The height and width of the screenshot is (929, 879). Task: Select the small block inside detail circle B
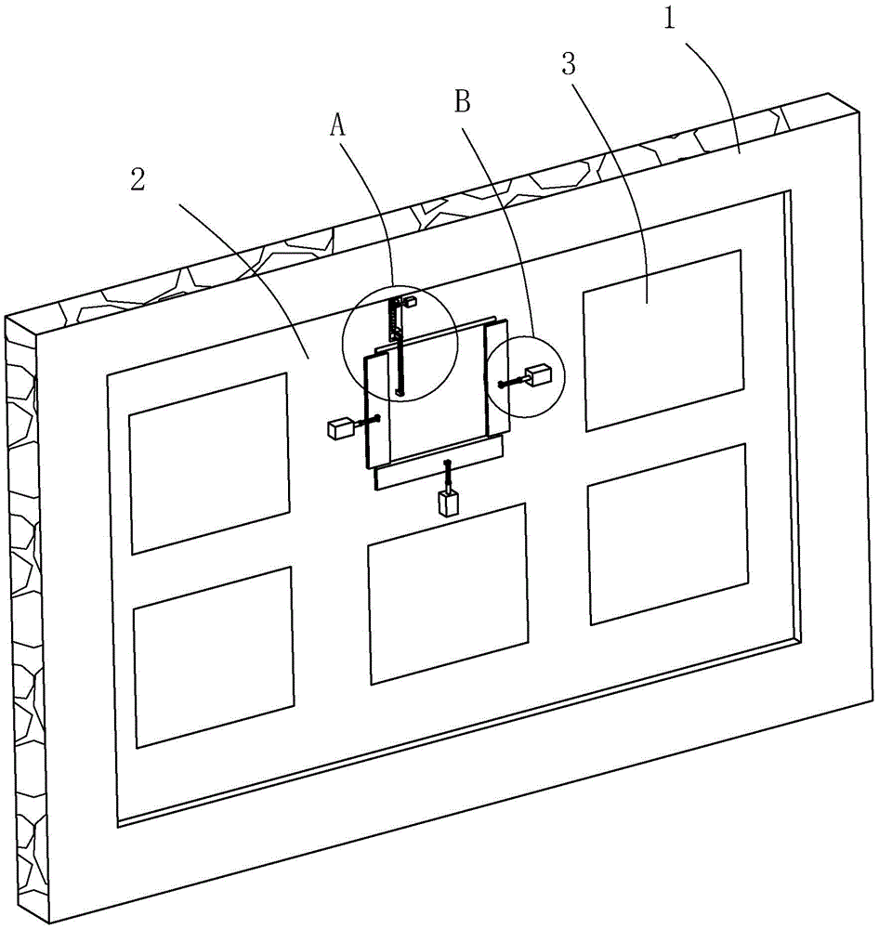point(540,376)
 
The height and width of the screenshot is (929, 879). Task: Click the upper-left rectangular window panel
point(208,463)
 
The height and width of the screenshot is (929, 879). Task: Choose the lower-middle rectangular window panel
point(448,592)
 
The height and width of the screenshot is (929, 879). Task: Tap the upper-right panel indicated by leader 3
point(663,339)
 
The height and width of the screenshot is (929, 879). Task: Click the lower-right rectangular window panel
point(668,533)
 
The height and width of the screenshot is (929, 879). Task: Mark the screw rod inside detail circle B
point(512,381)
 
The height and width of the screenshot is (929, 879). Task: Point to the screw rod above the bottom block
point(448,476)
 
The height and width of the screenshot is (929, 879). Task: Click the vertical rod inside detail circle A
point(399,358)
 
